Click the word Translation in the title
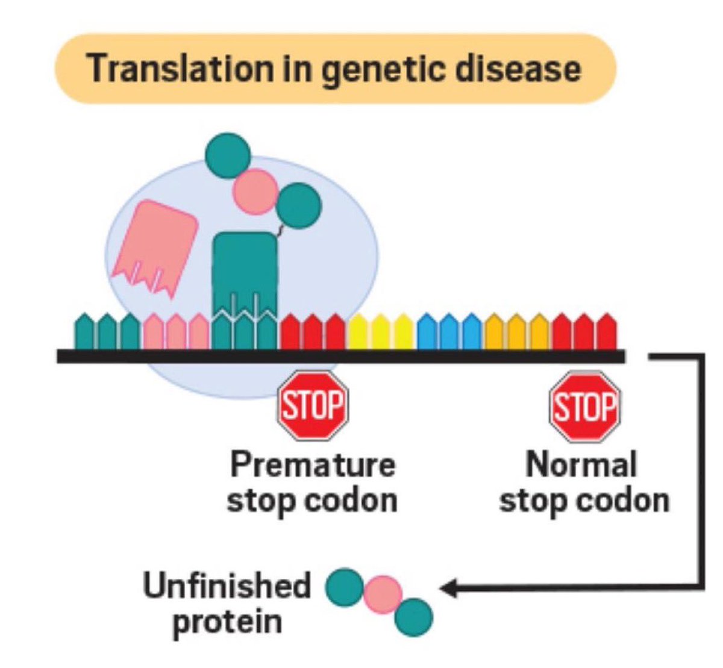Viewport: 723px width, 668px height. [x=179, y=69]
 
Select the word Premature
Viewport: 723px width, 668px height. [x=313, y=465]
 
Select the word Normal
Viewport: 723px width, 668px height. [x=581, y=465]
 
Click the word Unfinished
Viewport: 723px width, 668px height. [x=227, y=585]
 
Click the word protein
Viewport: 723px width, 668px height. [x=227, y=620]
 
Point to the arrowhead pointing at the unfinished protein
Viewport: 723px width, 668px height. [x=449, y=588]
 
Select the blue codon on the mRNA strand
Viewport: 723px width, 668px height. [x=449, y=331]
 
